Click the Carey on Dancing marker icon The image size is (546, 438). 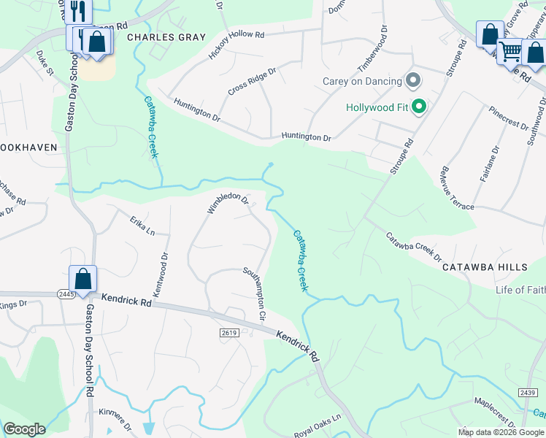click(x=414, y=81)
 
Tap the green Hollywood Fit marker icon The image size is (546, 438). click(x=419, y=108)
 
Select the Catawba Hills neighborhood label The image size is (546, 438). click(x=485, y=268)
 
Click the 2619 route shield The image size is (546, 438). click(x=228, y=333)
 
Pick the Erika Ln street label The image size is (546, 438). click(x=142, y=226)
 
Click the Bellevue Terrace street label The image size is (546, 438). click(x=457, y=188)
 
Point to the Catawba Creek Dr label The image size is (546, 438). click(x=414, y=247)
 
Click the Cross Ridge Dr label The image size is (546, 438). click(x=252, y=80)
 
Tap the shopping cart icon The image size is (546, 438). click(x=510, y=50)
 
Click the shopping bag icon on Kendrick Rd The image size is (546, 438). click(x=83, y=279)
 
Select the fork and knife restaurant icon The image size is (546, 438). click(x=78, y=12)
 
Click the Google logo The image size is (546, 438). click(x=24, y=429)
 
